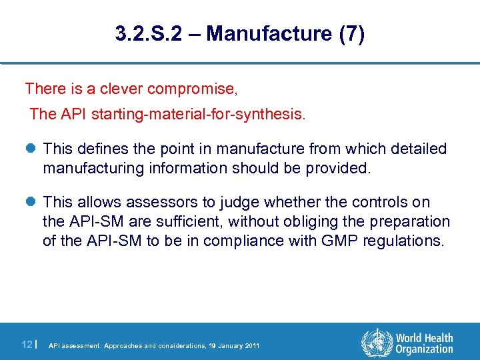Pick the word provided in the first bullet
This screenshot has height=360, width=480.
pos(337,168)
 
